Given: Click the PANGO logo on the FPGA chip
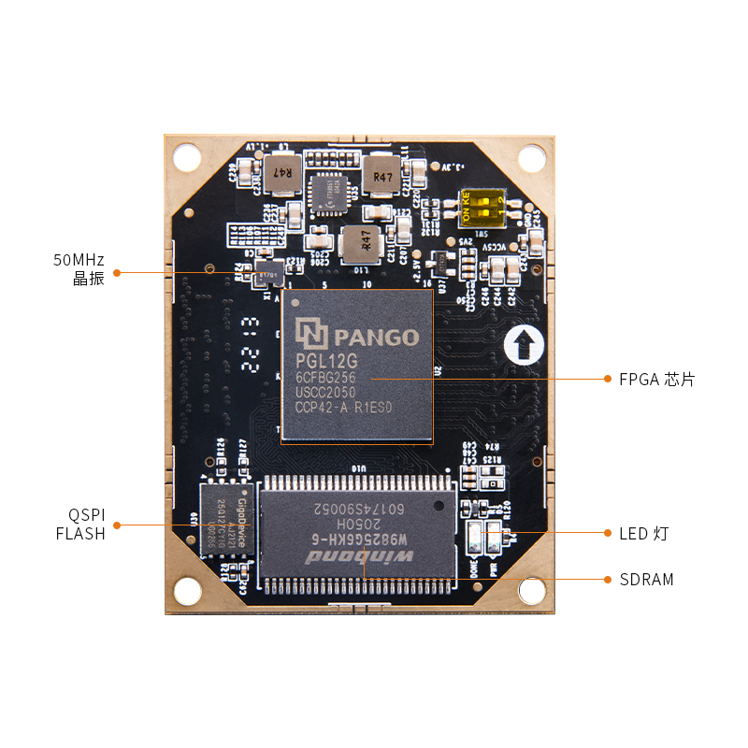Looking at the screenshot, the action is pos(358,335).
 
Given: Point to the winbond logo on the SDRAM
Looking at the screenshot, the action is pos(356,556).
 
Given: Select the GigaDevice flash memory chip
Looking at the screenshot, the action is pos(226,522).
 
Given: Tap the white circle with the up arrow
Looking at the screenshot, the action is pos(525,345).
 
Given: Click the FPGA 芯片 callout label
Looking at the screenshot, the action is pos(656,380).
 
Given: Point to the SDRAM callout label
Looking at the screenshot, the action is pos(646,580).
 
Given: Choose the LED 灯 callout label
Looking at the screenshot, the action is pos(643,534).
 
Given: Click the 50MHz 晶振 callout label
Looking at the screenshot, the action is pos(79,269).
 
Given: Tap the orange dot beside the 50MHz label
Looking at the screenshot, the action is pos(117,273).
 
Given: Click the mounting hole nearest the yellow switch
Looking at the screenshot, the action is pos(532,158).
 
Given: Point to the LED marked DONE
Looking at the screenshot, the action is pos(475,537).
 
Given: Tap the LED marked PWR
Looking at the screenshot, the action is pos(493,537).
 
